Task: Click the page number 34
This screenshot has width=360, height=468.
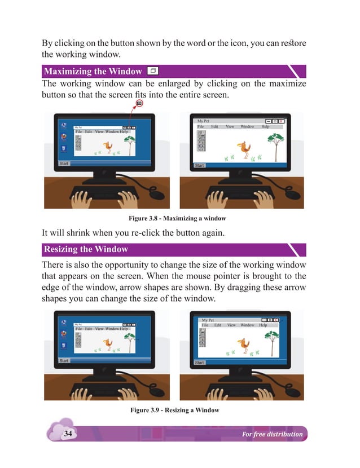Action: tap(68, 434)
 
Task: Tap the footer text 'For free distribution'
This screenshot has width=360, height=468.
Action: tap(272, 434)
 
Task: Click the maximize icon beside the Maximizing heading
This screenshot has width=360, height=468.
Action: tap(152, 71)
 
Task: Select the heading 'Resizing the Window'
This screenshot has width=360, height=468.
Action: tap(86, 249)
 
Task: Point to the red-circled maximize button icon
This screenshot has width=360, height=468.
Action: tap(139, 103)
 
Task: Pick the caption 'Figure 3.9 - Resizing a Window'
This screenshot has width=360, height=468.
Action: tap(174, 410)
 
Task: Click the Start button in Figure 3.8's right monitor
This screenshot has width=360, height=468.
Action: tap(199, 166)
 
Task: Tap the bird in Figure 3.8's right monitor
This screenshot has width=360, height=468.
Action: tap(244, 149)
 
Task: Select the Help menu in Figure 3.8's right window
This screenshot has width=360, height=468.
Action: tap(265, 127)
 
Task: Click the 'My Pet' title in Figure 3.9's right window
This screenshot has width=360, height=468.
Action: tap(208, 320)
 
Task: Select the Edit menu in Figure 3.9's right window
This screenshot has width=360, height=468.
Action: tap(218, 325)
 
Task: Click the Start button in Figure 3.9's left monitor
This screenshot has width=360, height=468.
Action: tap(64, 360)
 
